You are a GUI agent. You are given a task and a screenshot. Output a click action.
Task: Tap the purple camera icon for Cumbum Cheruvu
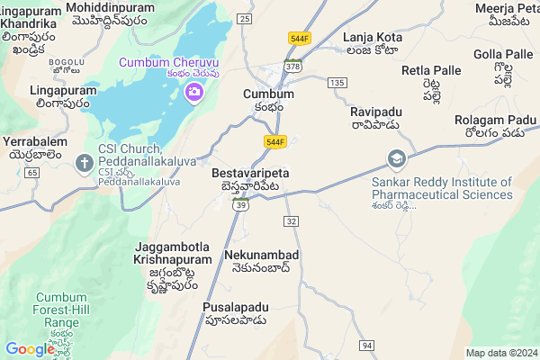click(x=193, y=92)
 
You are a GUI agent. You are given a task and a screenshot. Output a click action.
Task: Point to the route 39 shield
click(x=241, y=205)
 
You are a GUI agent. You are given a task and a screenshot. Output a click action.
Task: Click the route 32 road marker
click(x=291, y=220)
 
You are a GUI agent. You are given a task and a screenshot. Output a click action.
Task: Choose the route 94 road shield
click(x=366, y=345)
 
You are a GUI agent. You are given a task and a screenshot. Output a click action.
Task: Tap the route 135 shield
click(x=337, y=82)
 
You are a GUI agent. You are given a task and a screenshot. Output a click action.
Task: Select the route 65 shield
click(x=32, y=171)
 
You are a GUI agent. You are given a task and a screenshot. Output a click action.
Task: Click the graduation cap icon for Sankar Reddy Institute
click(x=396, y=159)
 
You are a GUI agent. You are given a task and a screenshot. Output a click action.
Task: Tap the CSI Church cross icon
click(x=85, y=163)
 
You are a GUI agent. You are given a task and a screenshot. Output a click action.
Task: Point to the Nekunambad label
click(x=263, y=256)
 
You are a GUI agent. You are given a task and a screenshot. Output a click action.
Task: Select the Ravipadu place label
click(x=378, y=112)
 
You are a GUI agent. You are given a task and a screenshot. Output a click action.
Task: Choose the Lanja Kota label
click(x=371, y=38)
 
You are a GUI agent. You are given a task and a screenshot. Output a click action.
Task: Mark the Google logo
click(x=30, y=349)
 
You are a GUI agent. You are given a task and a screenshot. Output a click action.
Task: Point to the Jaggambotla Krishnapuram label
click(x=174, y=253)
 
